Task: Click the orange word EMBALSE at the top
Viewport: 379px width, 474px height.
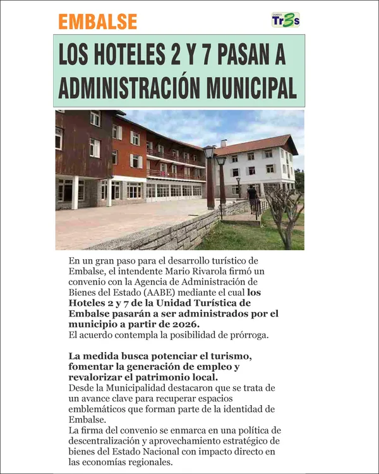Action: [97, 21]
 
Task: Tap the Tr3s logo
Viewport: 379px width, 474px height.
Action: [286, 20]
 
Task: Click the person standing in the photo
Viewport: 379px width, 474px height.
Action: [252, 198]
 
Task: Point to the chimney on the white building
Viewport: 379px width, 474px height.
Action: [224, 143]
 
